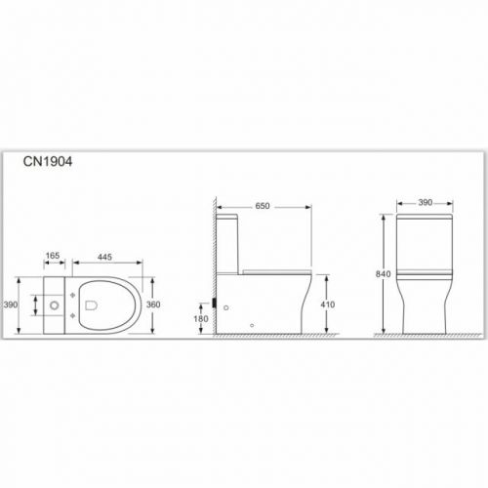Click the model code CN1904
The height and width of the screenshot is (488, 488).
point(48,162)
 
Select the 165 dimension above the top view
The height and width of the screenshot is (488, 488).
point(53,256)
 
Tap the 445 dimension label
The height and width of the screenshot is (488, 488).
point(104,257)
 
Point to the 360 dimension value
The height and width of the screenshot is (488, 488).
point(153,305)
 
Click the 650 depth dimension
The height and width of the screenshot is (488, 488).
point(263,206)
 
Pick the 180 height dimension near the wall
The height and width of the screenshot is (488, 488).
point(201,319)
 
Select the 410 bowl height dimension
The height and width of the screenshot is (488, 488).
point(327,305)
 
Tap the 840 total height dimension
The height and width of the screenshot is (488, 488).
point(384,274)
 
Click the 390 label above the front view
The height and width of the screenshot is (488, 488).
point(426,203)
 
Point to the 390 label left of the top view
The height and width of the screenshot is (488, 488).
point(11,305)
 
